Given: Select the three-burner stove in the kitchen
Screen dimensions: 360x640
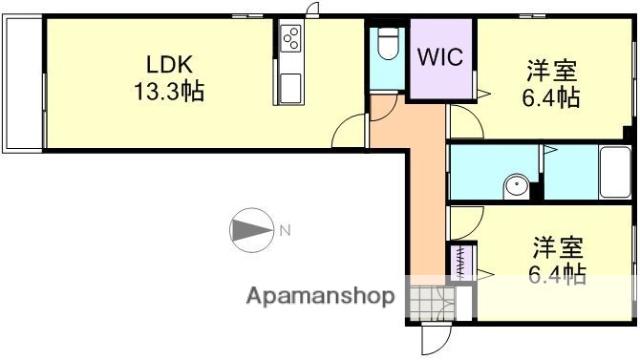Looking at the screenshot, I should (291, 40).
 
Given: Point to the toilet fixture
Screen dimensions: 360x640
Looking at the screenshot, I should (387, 46).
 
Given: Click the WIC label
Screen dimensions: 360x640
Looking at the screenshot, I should (440, 57).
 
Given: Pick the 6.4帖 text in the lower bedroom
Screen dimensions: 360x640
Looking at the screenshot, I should (557, 272).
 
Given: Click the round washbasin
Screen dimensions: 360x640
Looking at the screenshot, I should (514, 186).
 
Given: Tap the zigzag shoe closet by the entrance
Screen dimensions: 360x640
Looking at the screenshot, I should (461, 262).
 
